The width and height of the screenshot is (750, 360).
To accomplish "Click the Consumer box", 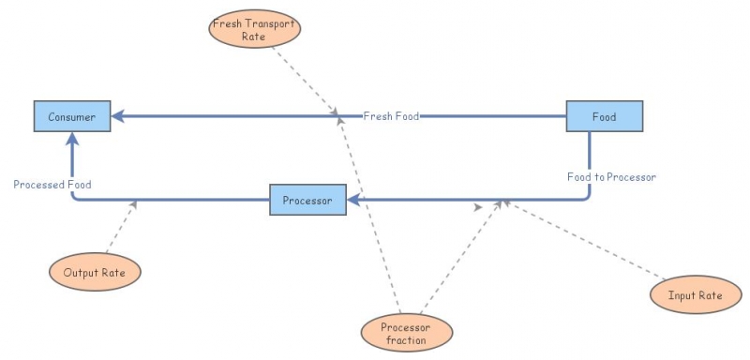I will point(71,117).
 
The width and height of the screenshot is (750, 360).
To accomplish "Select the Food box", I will point(604,117).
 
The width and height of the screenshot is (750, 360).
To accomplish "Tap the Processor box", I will point(307,200).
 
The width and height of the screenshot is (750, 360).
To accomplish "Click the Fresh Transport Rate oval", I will point(254,29).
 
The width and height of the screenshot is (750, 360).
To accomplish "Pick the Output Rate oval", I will point(95,273).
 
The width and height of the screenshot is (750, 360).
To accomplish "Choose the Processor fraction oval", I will point(406,333).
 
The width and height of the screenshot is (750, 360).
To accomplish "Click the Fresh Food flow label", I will point(391,117).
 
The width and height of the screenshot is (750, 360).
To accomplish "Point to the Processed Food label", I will point(52,185).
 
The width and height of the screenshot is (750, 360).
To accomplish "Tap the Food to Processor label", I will point(611,176).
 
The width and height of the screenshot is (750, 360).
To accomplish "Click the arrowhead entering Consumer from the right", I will point(116,117).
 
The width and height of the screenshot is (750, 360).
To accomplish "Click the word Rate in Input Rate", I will point(709,296).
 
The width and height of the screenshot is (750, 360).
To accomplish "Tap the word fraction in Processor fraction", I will point(406,340).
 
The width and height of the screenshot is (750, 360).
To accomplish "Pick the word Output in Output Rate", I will point(81,273).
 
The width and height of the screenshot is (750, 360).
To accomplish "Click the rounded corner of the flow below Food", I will point(586,196).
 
